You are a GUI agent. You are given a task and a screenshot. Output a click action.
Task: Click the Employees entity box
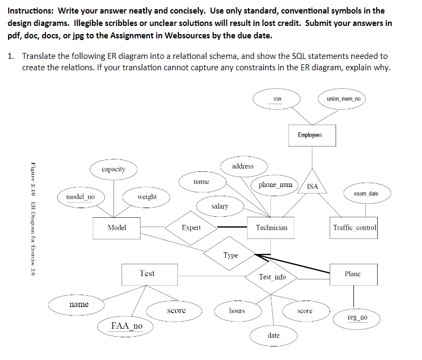(x=310, y=135)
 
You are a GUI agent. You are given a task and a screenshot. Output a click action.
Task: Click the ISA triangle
(x=312, y=185)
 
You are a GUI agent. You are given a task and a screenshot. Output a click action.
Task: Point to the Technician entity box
(x=271, y=228)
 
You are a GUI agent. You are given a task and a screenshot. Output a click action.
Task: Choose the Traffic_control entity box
(x=354, y=228)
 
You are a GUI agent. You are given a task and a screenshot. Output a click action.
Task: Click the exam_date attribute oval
(x=366, y=193)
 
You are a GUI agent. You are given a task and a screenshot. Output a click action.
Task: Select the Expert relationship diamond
(x=191, y=228)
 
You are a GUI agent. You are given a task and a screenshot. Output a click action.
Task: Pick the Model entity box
(x=117, y=228)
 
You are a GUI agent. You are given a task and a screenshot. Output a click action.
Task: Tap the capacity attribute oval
(x=113, y=169)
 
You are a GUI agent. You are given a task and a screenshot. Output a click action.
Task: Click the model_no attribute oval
(x=80, y=197)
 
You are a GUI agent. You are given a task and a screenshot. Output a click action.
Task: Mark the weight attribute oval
(x=147, y=197)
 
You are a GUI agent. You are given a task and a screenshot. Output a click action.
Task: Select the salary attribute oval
(x=219, y=206)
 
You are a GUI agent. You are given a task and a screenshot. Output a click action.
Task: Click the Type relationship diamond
(x=231, y=255)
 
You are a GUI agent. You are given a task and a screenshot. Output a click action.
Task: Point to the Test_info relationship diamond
(x=272, y=277)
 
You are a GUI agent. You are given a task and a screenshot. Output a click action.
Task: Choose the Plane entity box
(x=352, y=274)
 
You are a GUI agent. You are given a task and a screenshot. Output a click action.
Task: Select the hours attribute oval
(x=237, y=311)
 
